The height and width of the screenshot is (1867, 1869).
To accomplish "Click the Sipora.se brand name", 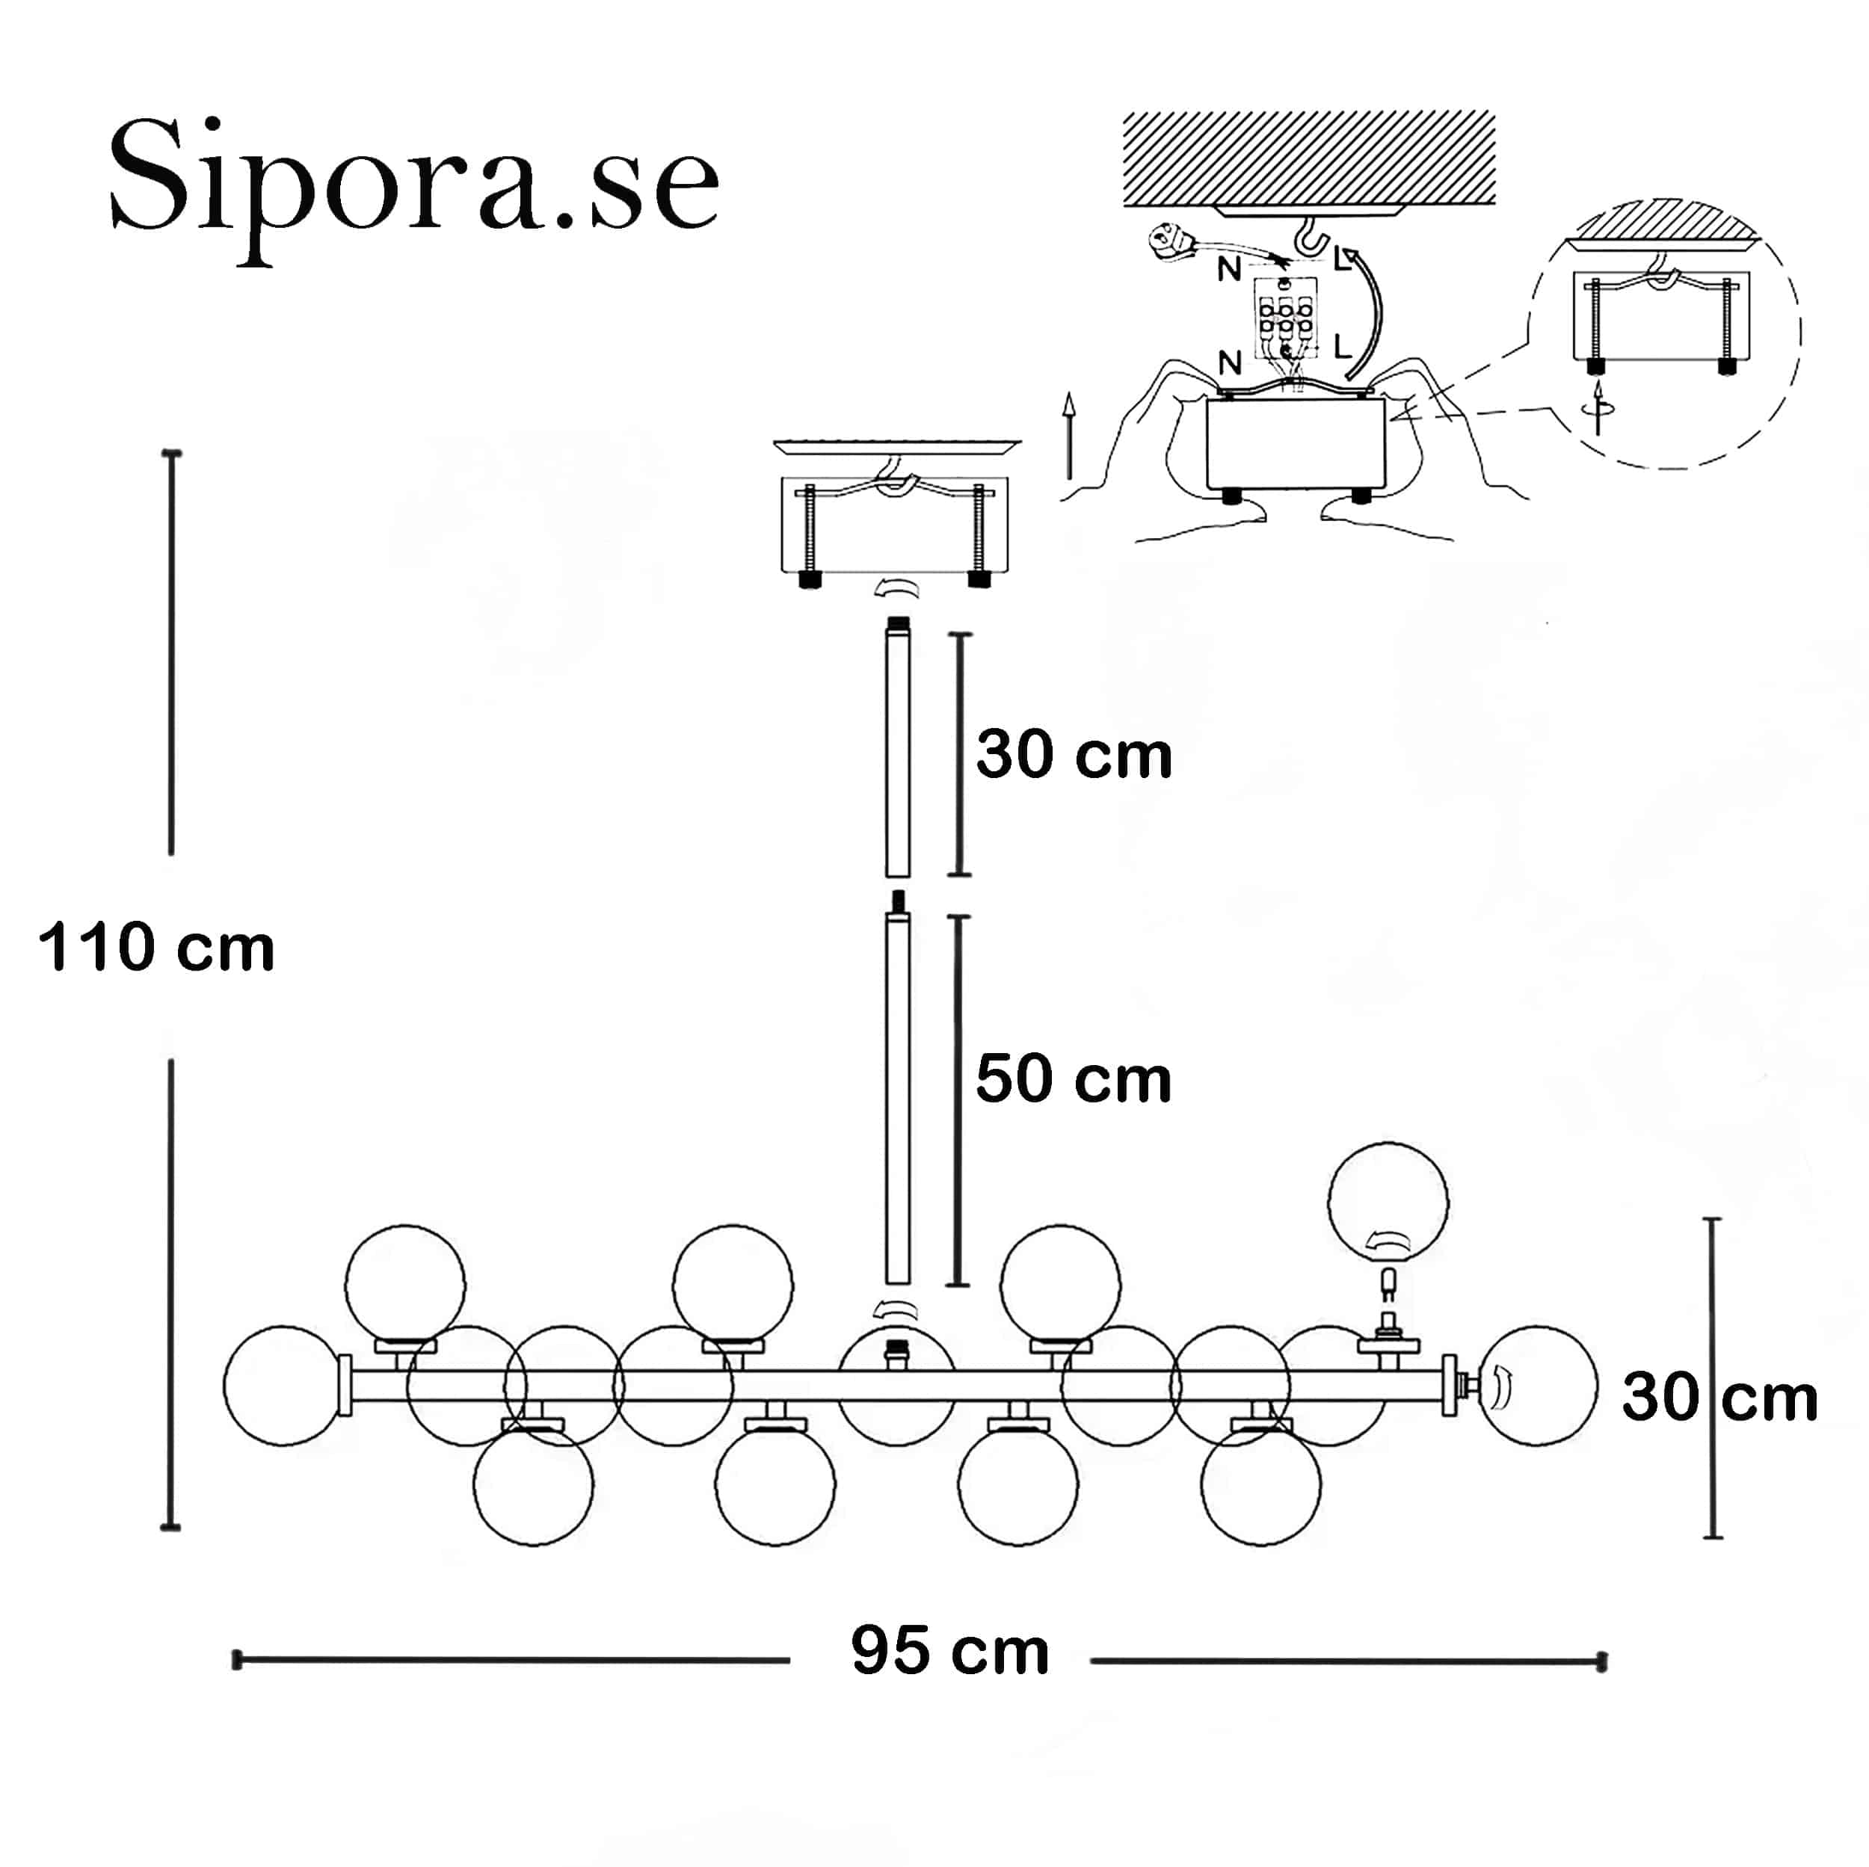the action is point(414,184).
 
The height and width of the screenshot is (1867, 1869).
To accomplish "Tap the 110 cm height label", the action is point(157,947).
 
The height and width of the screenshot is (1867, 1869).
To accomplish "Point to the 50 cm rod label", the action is point(1074,1078).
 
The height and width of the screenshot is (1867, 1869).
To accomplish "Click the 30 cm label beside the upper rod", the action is point(1074,755).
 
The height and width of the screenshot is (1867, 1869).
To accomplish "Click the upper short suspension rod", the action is point(898,747).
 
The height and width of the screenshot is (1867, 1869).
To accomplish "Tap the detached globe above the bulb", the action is point(1388,1203).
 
